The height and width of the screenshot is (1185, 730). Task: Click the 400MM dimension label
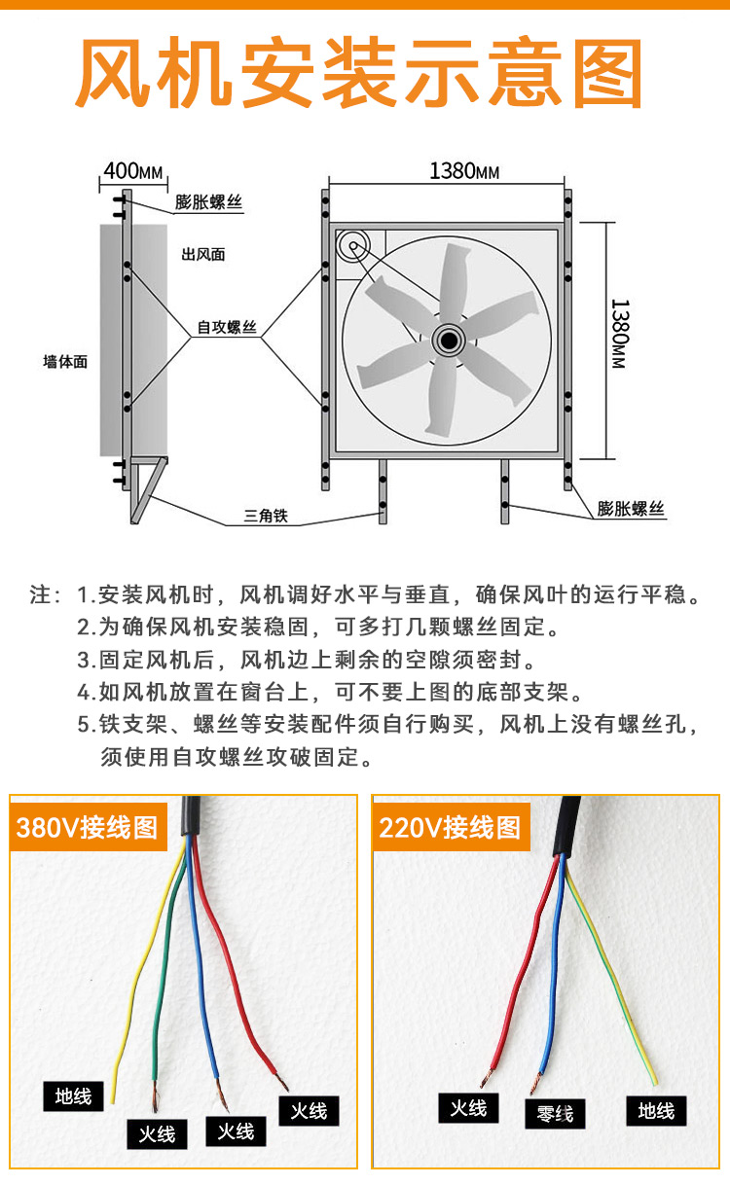(133, 172)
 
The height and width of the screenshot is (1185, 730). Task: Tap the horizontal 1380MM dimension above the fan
(464, 171)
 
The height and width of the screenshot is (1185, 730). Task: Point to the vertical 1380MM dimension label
(619, 334)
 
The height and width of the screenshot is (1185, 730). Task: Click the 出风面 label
(203, 255)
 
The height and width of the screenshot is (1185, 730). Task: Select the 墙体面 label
(65, 362)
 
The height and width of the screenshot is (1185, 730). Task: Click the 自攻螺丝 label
(227, 328)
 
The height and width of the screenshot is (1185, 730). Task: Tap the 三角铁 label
(266, 516)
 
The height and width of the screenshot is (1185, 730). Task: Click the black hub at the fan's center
(449, 341)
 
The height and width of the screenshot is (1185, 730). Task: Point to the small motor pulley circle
(353, 246)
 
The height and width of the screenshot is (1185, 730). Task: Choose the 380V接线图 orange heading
(88, 827)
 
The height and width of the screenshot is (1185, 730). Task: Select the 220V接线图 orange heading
(451, 827)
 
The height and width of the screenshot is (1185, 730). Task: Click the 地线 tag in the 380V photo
(73, 1096)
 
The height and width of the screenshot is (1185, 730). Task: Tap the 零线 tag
(555, 1114)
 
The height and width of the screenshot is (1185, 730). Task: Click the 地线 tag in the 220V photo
(656, 1110)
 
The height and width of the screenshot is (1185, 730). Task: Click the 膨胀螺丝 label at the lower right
(631, 509)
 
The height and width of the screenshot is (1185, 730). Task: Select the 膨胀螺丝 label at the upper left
(208, 201)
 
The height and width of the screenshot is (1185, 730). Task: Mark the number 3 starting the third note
(83, 661)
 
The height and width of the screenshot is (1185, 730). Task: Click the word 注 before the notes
(41, 594)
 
